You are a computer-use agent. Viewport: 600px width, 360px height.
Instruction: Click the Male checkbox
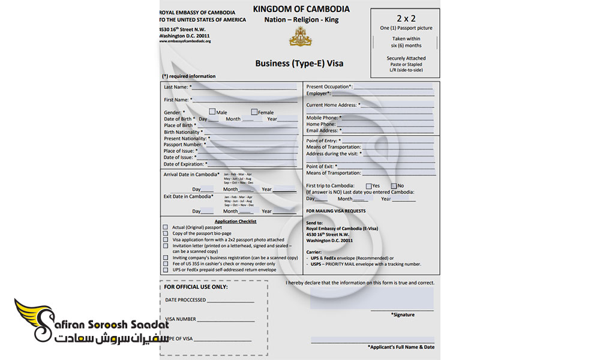pyautogui.click(x=212, y=112)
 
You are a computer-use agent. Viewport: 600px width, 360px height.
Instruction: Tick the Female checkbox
pyautogui.click(x=254, y=112)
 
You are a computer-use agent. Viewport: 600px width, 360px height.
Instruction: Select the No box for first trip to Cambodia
pyautogui.click(x=394, y=185)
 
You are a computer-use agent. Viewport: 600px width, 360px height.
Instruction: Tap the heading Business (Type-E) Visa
pyautogui.click(x=299, y=63)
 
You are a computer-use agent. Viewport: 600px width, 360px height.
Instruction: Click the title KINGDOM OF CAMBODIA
pyautogui.click(x=301, y=9)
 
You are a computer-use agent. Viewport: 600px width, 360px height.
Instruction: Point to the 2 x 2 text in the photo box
pyautogui.click(x=406, y=18)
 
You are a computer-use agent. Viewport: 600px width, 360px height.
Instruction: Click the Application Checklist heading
pyautogui.click(x=235, y=221)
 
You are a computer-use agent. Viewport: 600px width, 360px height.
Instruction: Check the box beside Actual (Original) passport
pyautogui.click(x=166, y=227)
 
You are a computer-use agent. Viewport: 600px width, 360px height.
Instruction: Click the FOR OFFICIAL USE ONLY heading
pyautogui.click(x=196, y=287)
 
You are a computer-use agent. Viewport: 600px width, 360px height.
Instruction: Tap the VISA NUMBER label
pyautogui.click(x=180, y=319)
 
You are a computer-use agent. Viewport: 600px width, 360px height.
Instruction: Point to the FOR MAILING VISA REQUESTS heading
pyautogui.click(x=335, y=211)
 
